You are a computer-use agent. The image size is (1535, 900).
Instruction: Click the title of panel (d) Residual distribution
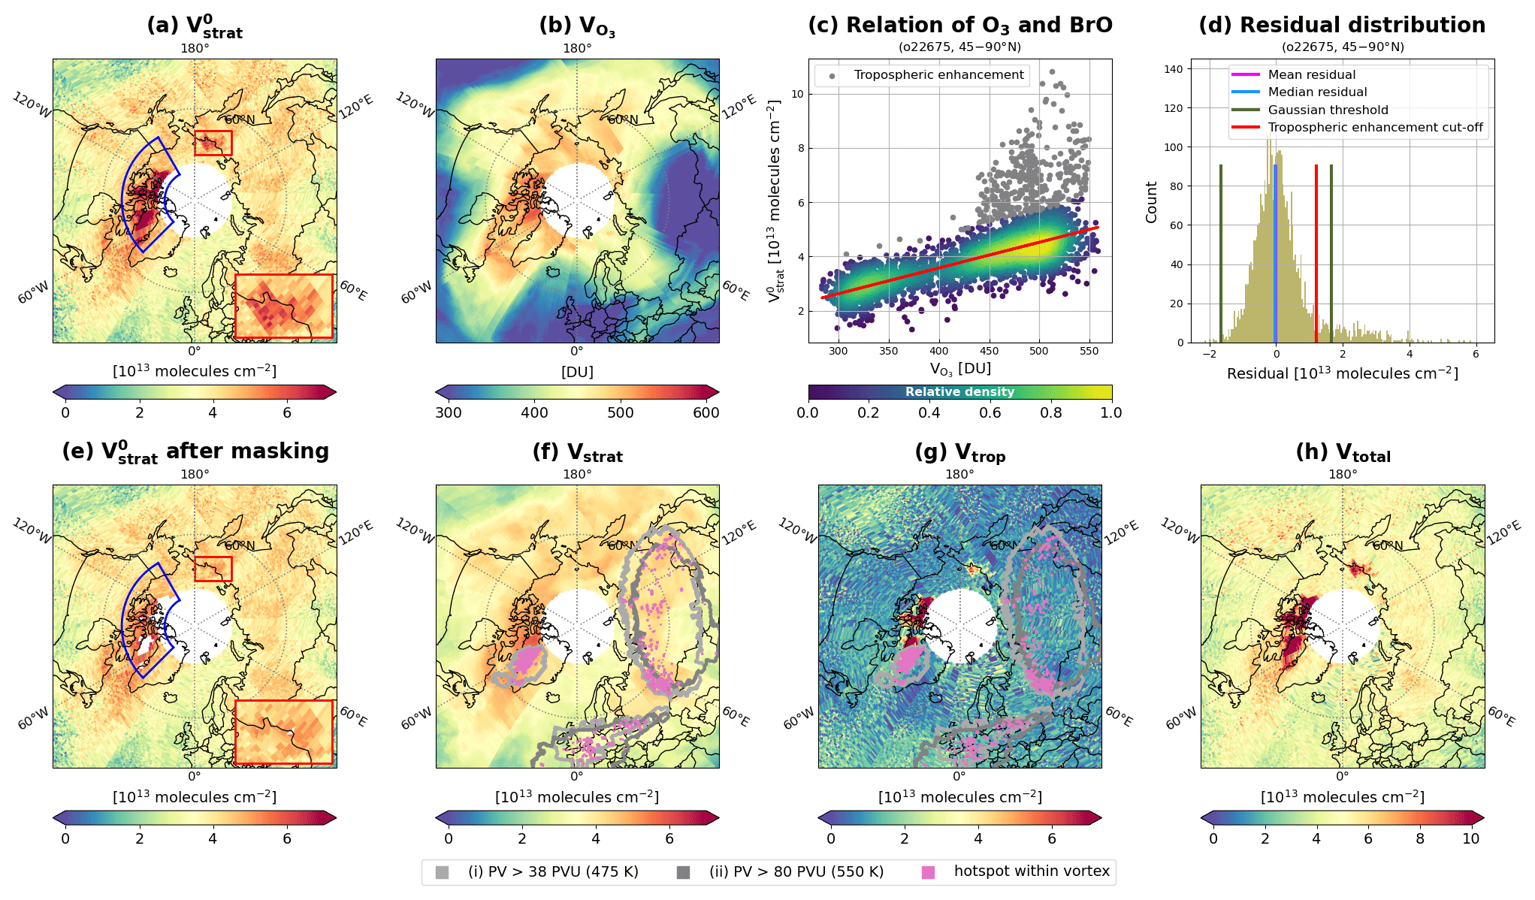pyautogui.click(x=1342, y=25)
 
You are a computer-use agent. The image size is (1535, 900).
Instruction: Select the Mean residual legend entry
pyautogui.click(x=1311, y=74)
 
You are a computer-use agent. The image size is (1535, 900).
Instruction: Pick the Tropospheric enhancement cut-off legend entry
pyautogui.click(x=1375, y=127)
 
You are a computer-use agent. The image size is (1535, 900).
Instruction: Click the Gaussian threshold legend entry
pyautogui.click(x=1328, y=110)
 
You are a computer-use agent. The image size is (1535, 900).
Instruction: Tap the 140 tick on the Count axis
pyautogui.click(x=1173, y=69)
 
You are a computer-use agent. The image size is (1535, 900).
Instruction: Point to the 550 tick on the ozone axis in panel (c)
pyautogui.click(x=1089, y=351)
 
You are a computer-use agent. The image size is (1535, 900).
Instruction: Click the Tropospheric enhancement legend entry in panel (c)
pyautogui.click(x=938, y=75)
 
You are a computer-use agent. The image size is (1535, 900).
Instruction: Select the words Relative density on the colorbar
pyautogui.click(x=959, y=391)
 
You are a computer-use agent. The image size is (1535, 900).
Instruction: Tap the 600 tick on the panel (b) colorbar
pyautogui.click(x=706, y=412)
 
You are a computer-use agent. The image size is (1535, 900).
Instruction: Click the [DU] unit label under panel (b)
pyautogui.click(x=577, y=372)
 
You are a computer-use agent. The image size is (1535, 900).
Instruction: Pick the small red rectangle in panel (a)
pyautogui.click(x=213, y=143)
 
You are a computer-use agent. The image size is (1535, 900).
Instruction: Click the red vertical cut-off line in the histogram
pyautogui.click(x=1316, y=253)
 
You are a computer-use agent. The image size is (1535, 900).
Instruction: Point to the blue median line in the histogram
pyautogui.click(x=1275, y=253)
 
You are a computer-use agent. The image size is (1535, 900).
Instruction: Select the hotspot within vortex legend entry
pyautogui.click(x=1031, y=871)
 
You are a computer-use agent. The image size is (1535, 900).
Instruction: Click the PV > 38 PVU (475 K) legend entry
pyautogui.click(x=552, y=871)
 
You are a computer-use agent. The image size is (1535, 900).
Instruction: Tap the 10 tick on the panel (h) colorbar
pyautogui.click(x=1470, y=838)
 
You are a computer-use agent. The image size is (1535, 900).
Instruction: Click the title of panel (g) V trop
pyautogui.click(x=959, y=453)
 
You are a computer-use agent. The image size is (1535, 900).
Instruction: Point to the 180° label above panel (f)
pyautogui.click(x=577, y=474)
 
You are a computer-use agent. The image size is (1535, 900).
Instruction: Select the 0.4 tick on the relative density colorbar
pyautogui.click(x=929, y=412)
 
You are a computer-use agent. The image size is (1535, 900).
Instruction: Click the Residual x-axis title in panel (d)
pyautogui.click(x=1342, y=373)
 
